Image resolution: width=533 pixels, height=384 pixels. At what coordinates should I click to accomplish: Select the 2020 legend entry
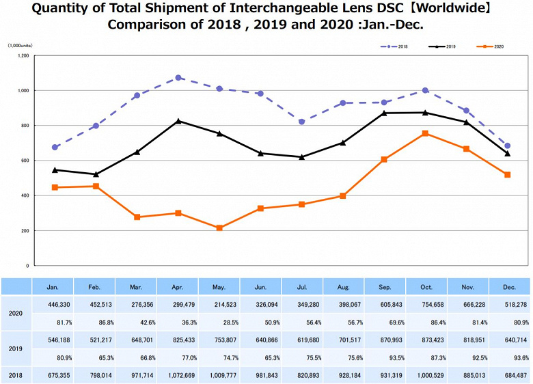pos(490,46)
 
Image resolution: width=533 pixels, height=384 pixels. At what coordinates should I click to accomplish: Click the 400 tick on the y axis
pos(24,195)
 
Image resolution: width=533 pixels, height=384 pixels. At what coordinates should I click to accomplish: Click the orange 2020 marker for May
pos(219,228)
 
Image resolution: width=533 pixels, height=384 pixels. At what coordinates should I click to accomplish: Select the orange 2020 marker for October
pos(425,133)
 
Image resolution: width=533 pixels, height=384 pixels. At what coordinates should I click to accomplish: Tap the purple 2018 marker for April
pos(178,78)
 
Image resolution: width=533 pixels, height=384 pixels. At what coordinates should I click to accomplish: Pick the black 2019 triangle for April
pos(178,121)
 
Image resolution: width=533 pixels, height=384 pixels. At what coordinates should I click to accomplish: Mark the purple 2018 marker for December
pos(507,146)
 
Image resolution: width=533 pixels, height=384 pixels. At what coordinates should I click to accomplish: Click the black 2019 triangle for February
pos(96,174)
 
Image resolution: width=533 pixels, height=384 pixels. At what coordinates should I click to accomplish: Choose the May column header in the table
pos(219,287)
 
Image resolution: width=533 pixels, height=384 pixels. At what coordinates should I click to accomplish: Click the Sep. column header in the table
pos(385,287)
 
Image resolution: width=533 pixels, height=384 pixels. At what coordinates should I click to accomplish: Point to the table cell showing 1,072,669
pos(177,375)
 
